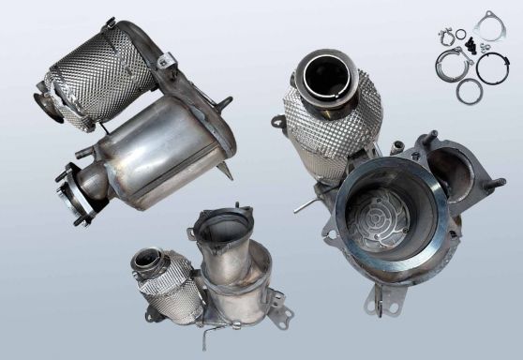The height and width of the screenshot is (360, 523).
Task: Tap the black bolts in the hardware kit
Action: pos(462,39)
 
